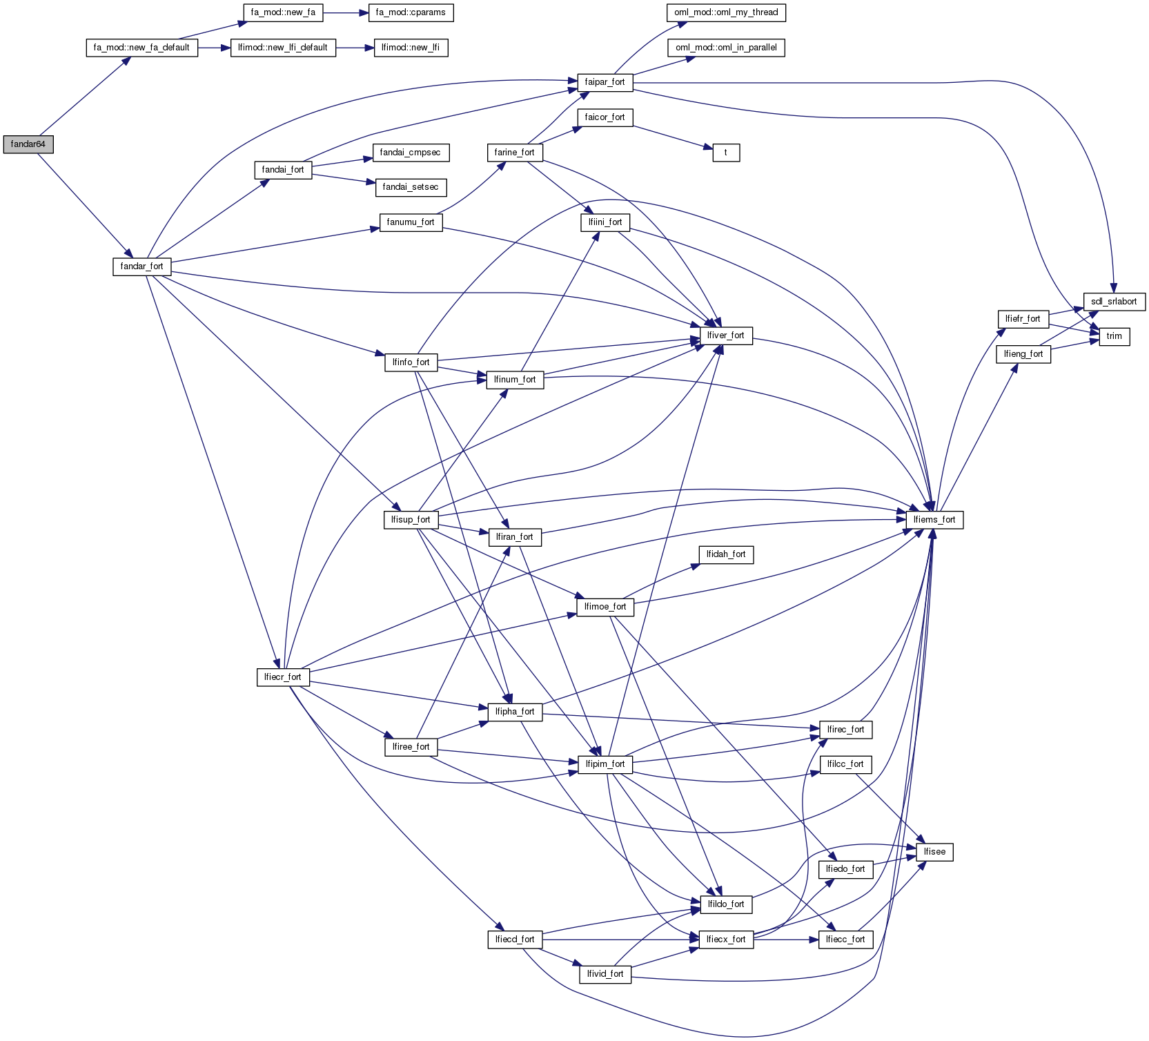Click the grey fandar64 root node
tap(28, 144)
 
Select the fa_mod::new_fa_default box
tap(141, 48)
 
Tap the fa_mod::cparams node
tap(411, 12)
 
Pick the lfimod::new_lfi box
tap(411, 48)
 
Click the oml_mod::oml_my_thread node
tap(726, 12)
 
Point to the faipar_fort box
tap(605, 82)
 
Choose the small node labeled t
tap(726, 153)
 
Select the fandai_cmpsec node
tap(411, 153)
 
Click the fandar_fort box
tap(141, 266)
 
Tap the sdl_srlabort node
tap(1114, 302)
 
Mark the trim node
tap(1114, 336)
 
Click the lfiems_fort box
tap(934, 520)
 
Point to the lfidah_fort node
tap(726, 554)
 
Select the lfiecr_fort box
tap(283, 677)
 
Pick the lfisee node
tap(934, 852)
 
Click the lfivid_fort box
tap(605, 974)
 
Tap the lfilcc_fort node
tap(845, 764)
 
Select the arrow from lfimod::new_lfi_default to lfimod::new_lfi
tap(355, 48)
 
